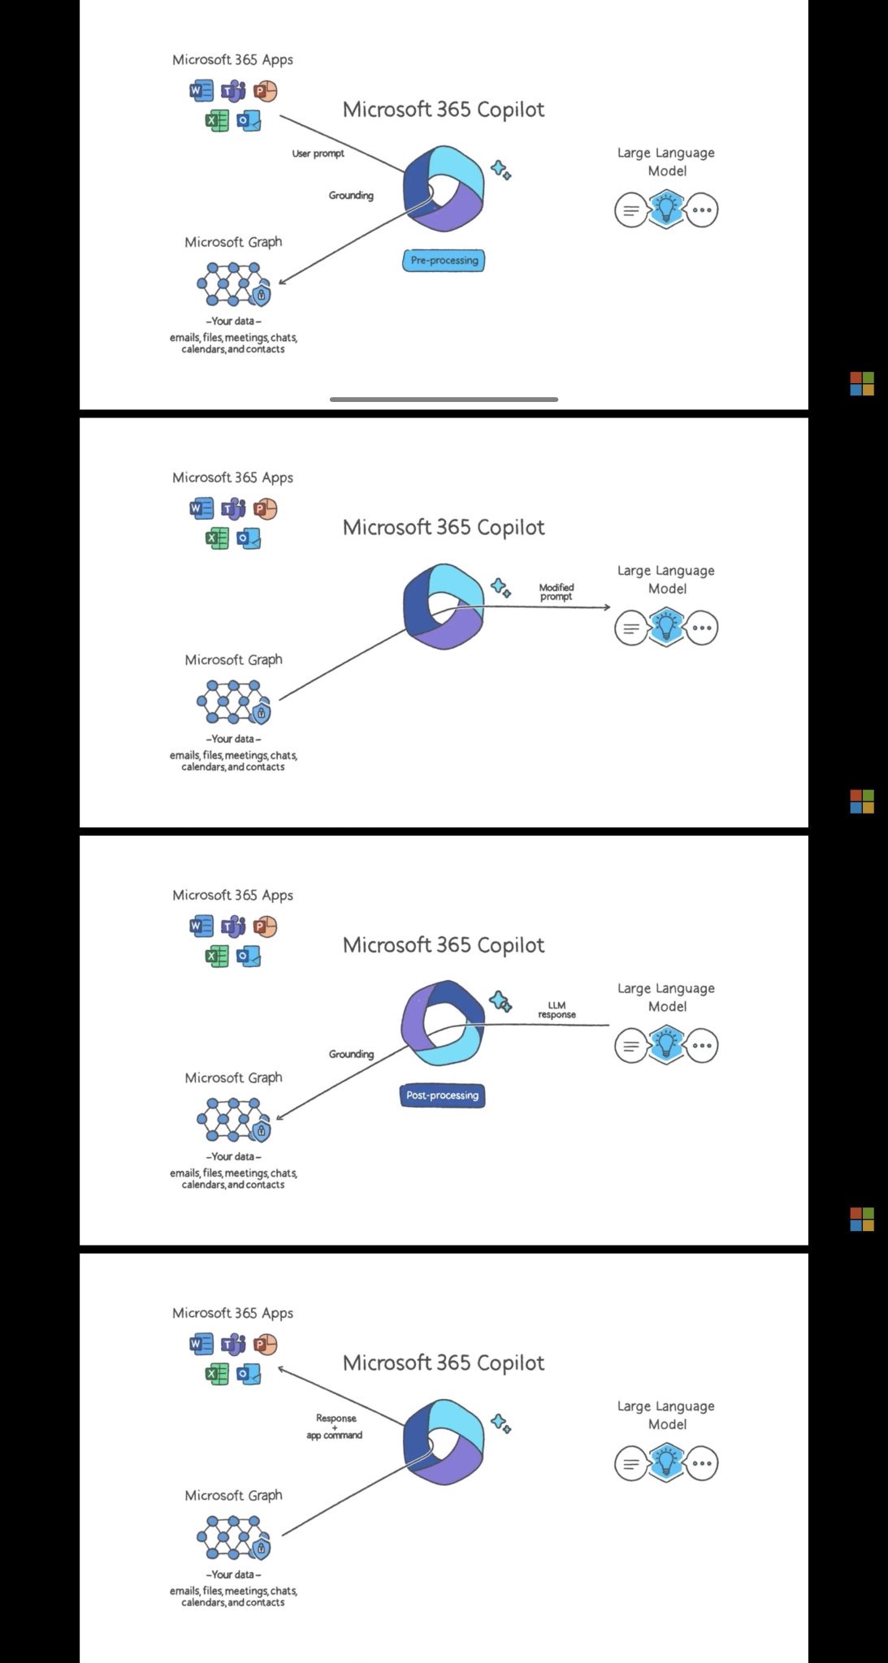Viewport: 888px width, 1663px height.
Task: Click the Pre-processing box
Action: tap(444, 261)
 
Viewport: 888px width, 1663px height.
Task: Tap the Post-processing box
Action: tap(443, 1095)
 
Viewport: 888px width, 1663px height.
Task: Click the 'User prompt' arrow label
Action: tap(318, 153)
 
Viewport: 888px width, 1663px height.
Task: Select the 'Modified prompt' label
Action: tap(557, 592)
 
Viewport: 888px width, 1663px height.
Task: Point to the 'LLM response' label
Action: tap(557, 1010)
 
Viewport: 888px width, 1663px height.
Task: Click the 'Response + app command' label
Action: tap(335, 1427)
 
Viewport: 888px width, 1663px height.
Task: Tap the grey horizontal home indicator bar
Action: tap(444, 400)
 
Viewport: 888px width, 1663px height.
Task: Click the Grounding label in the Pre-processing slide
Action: tap(351, 196)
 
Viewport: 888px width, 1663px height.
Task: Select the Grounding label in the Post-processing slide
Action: tap(351, 1054)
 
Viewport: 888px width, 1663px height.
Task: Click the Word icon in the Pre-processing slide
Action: tap(201, 91)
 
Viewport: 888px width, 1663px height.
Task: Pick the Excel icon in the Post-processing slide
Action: tap(217, 956)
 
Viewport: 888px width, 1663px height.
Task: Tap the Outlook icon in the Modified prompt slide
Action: tap(249, 538)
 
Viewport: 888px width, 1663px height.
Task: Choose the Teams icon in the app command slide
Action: tap(233, 1345)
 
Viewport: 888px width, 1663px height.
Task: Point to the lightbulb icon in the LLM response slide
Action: tap(666, 1045)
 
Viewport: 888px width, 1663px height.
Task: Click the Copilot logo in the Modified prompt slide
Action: tap(444, 607)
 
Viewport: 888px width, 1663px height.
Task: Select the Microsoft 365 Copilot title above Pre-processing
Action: tap(444, 110)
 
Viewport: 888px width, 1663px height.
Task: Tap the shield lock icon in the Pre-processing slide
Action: tap(261, 296)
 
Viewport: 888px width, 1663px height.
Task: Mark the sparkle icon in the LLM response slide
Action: tap(500, 1001)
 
